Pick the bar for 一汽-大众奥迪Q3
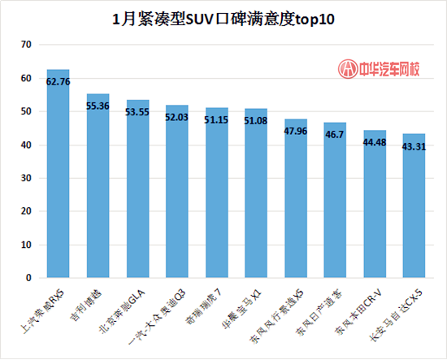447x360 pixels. (x=176, y=195)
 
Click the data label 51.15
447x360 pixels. (x=216, y=120)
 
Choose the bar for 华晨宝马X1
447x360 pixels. (x=256, y=199)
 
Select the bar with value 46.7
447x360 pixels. (x=335, y=203)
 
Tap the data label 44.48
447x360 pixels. (x=375, y=142)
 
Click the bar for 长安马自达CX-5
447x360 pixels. (x=414, y=207)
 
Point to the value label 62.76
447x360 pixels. (x=58, y=81)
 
